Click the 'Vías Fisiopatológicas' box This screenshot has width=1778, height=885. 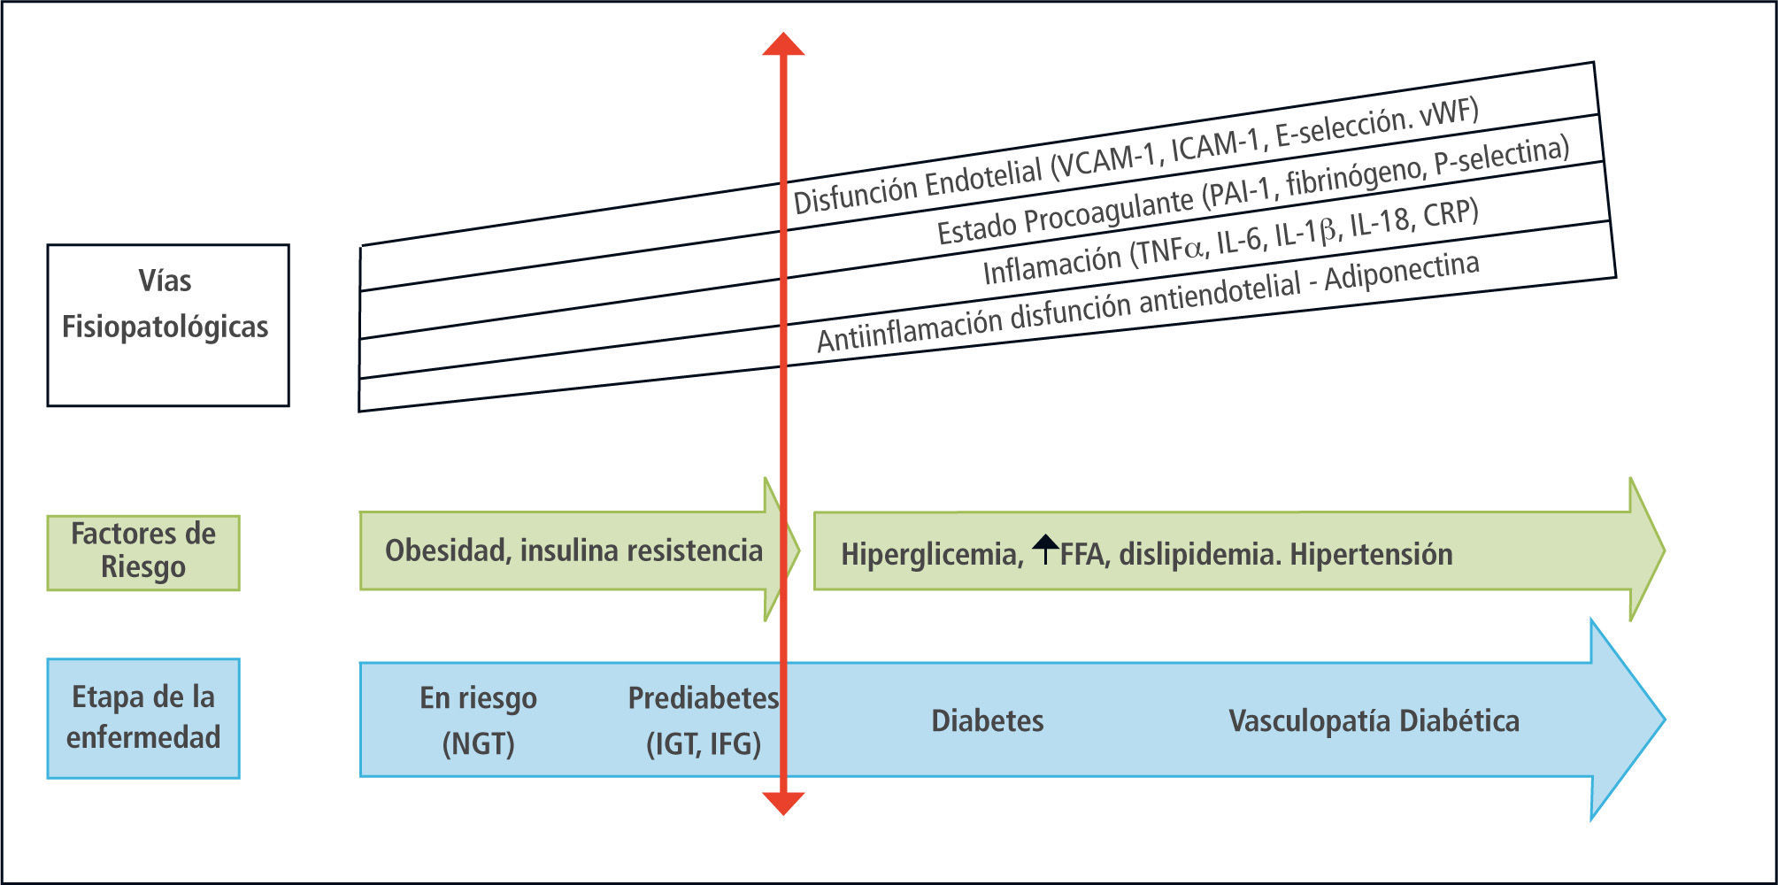point(167,325)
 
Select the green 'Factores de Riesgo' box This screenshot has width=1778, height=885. point(143,552)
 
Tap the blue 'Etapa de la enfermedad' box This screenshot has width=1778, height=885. point(143,718)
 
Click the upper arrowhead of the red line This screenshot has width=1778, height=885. point(783,44)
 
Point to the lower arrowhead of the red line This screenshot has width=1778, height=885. point(783,803)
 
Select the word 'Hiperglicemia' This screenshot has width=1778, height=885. point(931,555)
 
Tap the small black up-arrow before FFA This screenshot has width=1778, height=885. point(1045,549)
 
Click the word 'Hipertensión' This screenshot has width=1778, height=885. point(1371,555)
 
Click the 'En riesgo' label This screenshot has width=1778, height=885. point(478,698)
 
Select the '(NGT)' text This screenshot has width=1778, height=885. point(478,743)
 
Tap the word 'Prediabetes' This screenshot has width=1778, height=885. point(703,698)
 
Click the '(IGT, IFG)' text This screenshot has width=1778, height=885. point(704,743)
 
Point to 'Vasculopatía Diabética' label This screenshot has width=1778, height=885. point(1374,721)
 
